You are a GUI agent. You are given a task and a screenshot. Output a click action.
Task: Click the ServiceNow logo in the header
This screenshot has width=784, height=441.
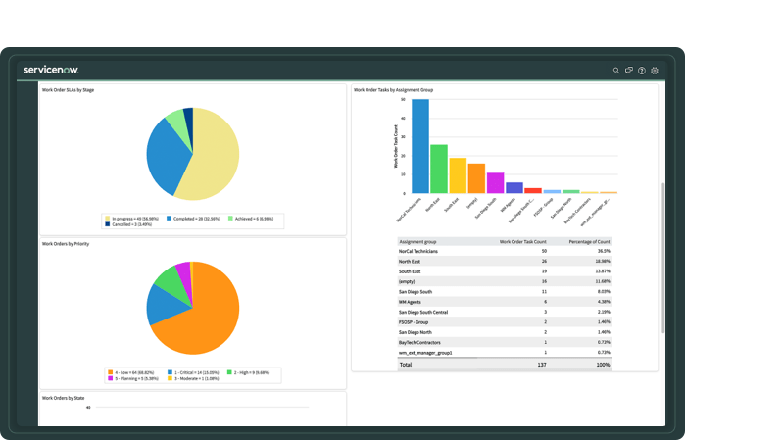click(x=51, y=70)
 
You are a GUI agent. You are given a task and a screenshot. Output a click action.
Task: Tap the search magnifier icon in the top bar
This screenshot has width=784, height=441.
click(x=616, y=71)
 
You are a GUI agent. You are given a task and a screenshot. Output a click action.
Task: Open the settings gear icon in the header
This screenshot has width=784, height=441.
click(x=655, y=71)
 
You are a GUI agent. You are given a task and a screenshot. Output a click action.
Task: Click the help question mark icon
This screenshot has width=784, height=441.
click(x=642, y=71)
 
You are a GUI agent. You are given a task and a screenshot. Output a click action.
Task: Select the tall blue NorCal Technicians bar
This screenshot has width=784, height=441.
click(x=420, y=146)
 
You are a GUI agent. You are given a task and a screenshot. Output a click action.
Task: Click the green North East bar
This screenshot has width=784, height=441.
click(x=439, y=169)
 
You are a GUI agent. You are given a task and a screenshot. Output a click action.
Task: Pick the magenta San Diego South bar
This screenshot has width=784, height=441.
click(x=495, y=183)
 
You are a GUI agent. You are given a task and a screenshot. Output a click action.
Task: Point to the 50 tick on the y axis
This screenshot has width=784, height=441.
click(x=404, y=99)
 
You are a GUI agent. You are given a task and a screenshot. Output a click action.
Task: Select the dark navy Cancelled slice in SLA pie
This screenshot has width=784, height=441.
click(x=188, y=118)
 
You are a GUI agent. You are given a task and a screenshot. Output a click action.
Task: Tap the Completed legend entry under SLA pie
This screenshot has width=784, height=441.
click(x=194, y=219)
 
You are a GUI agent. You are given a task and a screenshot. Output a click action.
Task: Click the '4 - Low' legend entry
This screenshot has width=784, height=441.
click(x=131, y=372)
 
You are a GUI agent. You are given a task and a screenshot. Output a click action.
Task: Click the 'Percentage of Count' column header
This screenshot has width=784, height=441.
click(x=589, y=240)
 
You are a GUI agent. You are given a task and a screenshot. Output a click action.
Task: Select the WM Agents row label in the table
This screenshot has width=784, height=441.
click(x=412, y=302)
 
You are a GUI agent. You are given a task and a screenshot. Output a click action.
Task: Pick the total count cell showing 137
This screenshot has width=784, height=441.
click(x=541, y=364)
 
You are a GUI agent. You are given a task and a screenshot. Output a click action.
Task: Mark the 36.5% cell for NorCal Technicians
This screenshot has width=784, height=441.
click(x=604, y=251)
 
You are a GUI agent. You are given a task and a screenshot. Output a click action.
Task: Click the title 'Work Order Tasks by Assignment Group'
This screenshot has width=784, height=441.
click(x=393, y=89)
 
